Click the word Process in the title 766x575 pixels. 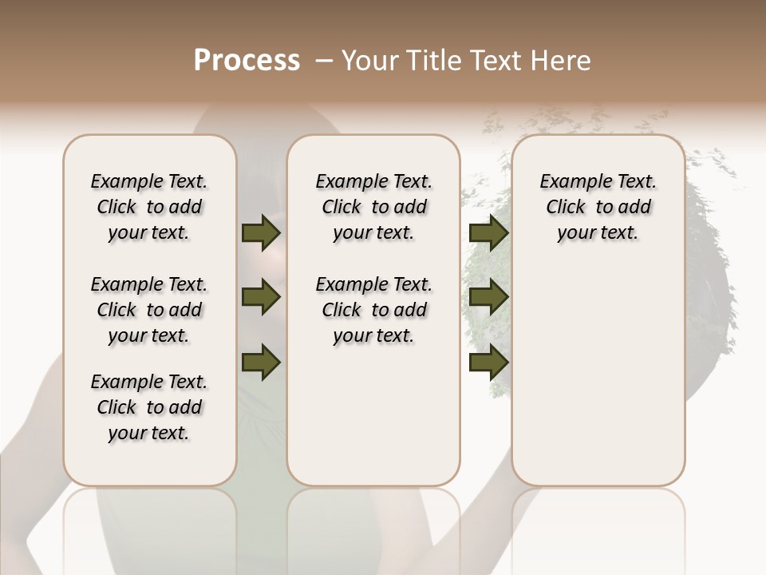point(247,61)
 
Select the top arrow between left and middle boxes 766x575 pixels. point(261,233)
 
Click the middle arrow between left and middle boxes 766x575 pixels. point(261,298)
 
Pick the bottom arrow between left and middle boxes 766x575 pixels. point(261,362)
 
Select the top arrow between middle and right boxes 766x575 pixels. point(488,233)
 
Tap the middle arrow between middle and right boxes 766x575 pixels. point(488,298)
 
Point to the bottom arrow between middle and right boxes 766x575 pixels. point(488,362)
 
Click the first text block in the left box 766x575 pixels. point(149,207)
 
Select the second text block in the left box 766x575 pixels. point(149,310)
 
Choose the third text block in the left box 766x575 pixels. point(149,407)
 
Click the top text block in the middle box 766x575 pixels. point(373,207)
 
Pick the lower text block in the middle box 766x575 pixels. point(373,310)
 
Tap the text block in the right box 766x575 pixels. point(598,207)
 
